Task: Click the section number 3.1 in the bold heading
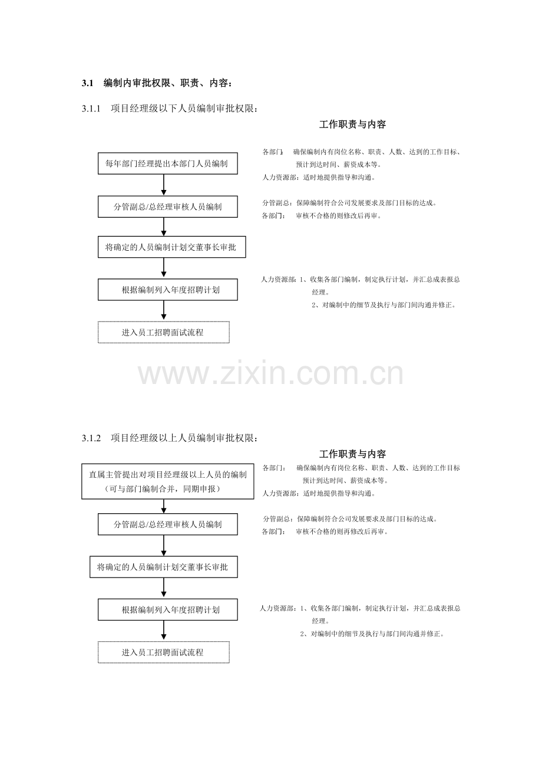87,83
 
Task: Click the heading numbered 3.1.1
170,109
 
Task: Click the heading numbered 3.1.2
170,438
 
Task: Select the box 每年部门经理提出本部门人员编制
168,163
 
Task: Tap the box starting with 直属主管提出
168,481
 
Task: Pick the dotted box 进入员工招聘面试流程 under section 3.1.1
164,332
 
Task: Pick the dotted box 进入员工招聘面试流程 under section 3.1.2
164,652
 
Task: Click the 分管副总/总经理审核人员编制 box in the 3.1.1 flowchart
168,206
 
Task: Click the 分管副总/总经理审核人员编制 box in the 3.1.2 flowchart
168,524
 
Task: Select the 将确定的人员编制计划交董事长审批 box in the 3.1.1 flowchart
172,247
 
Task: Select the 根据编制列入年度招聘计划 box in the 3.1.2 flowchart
168,609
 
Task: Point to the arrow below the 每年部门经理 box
164,185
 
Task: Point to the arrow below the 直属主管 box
164,506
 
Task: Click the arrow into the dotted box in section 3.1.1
164,311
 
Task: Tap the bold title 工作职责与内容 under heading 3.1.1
352,124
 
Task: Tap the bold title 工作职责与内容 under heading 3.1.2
352,454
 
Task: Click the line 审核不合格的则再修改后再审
342,532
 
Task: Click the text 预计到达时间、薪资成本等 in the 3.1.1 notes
339,165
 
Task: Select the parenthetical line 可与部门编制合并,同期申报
163,489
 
